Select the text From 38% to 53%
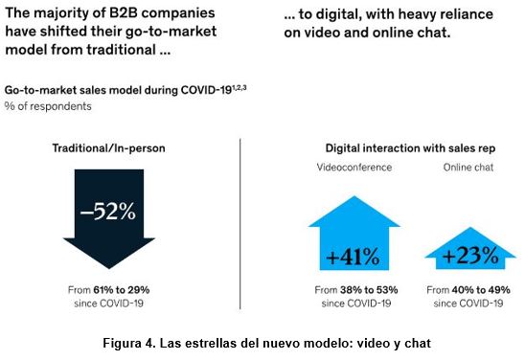point(356,289)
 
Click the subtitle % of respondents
point(49,106)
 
